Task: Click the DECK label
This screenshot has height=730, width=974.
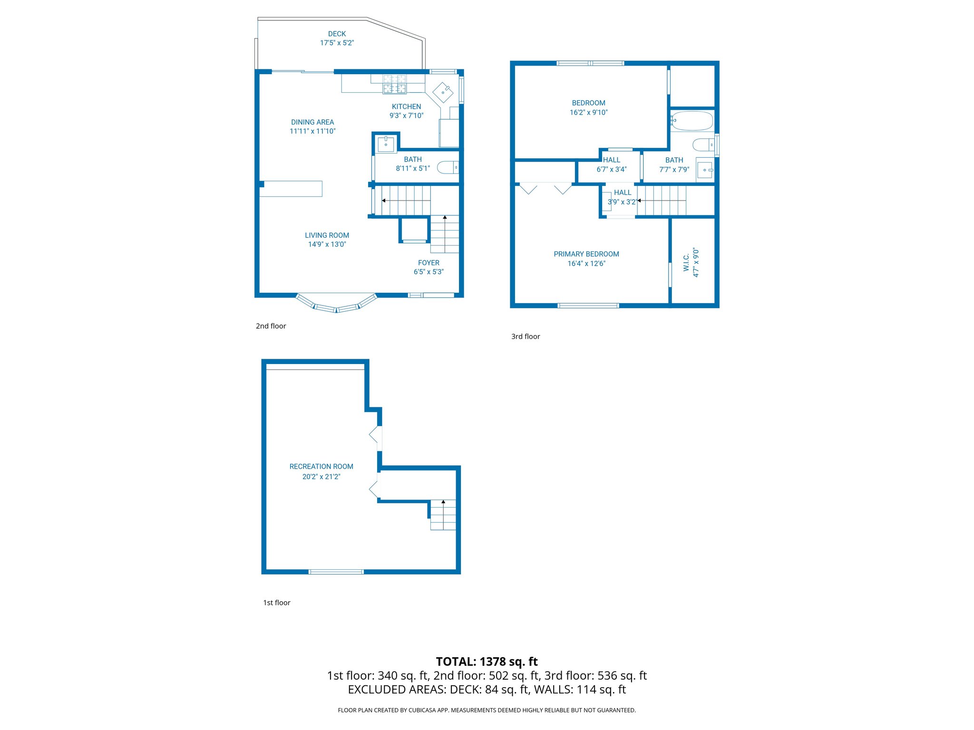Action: [337, 34]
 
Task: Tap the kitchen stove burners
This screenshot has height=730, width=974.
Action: [395, 84]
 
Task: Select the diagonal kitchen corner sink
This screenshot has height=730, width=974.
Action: [443, 92]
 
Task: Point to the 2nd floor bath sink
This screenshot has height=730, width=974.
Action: [386, 144]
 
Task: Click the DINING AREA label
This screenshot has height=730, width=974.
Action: [312, 122]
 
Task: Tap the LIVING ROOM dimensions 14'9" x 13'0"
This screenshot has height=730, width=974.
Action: [327, 244]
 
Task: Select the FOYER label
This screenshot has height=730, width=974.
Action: [429, 263]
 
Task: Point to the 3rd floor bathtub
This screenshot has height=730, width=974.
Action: [692, 121]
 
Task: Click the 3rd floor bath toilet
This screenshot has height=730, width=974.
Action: [703, 144]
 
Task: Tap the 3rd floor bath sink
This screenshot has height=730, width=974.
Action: [705, 170]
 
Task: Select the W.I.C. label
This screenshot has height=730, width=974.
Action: [686, 262]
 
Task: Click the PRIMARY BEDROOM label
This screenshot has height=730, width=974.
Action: [586, 254]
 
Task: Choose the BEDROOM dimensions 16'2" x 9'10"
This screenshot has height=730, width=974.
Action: [588, 113]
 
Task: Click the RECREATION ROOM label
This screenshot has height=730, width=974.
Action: [321, 467]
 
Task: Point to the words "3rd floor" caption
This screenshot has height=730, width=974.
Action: [526, 336]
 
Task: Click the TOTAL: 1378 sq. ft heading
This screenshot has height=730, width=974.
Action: [487, 662]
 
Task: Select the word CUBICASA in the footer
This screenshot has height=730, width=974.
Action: [421, 711]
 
